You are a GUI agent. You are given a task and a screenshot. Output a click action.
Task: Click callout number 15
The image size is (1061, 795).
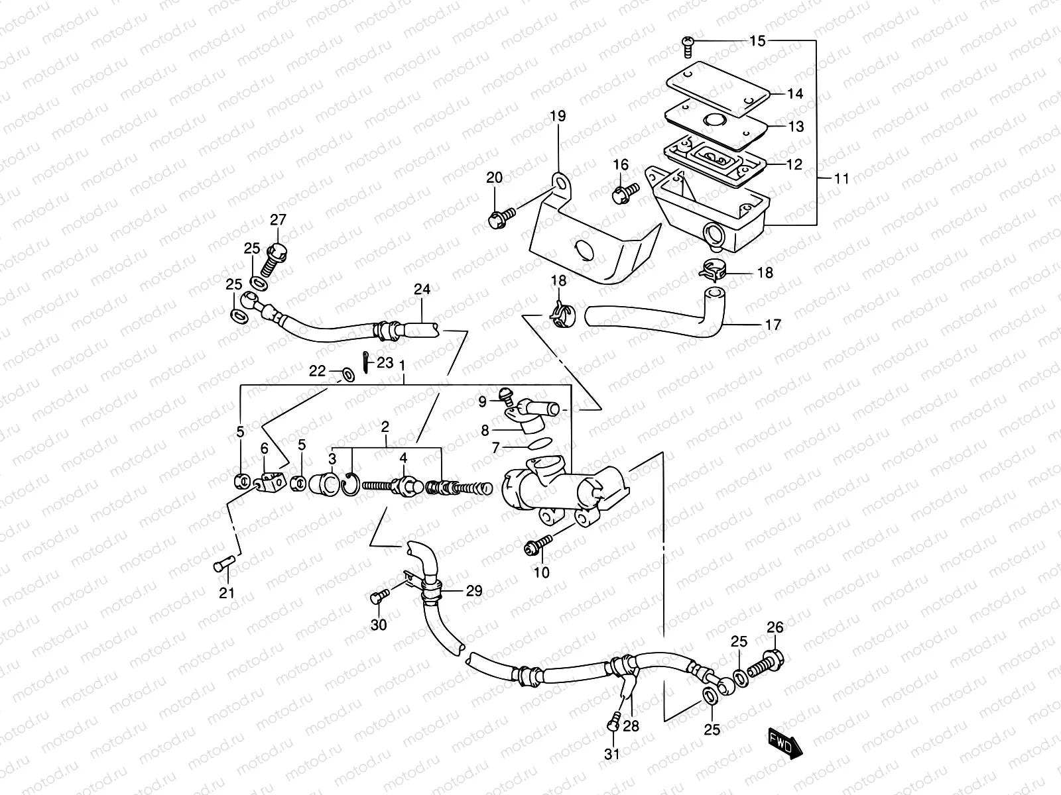point(757,41)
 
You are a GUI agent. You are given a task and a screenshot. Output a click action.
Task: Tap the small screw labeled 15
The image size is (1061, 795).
point(687,45)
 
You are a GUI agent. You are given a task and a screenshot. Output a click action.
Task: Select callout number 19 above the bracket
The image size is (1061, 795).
point(557,117)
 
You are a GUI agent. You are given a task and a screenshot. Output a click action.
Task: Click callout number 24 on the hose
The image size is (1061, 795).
point(422,290)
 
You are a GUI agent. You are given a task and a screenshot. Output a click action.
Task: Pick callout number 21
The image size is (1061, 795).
point(227,593)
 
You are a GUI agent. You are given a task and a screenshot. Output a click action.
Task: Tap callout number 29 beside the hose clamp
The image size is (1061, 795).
point(473,591)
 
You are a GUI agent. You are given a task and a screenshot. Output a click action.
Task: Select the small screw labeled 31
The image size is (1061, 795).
point(613,725)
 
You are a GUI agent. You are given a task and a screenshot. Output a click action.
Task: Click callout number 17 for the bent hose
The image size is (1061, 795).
point(773,325)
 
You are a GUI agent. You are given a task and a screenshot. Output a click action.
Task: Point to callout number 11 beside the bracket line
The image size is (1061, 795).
point(842,178)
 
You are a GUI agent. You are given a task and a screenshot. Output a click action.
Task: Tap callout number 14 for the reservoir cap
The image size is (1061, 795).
point(795,93)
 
